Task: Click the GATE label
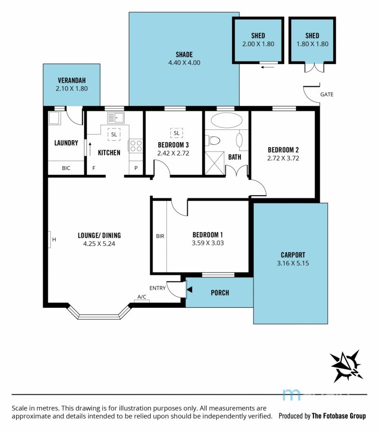click(x=326, y=95)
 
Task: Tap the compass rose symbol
click(x=346, y=366)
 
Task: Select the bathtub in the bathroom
click(x=226, y=120)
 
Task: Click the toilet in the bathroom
click(x=213, y=141)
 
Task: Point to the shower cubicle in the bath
click(x=215, y=163)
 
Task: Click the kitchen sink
click(x=116, y=118)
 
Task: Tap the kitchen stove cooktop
click(x=135, y=145)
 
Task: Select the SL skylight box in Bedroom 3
click(x=176, y=133)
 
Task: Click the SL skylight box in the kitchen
click(x=114, y=135)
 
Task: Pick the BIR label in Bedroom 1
click(x=160, y=236)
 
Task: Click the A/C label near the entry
click(x=142, y=297)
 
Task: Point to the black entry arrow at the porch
click(x=189, y=289)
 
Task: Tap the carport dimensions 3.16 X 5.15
click(x=293, y=263)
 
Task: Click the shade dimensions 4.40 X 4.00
click(x=184, y=63)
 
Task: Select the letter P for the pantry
click(x=136, y=168)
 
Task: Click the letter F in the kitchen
click(x=94, y=168)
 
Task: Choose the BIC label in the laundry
click(x=66, y=168)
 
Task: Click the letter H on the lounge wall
click(x=54, y=239)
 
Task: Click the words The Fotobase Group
click(x=339, y=416)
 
